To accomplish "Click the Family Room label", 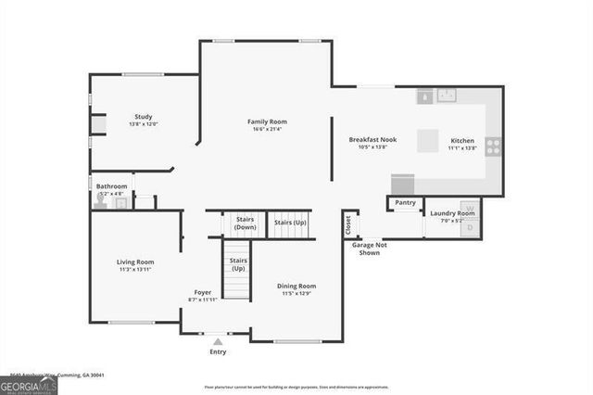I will point(266,121).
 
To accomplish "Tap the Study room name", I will point(144,116).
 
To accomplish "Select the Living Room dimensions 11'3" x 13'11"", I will point(134,269).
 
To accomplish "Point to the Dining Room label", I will point(296,286).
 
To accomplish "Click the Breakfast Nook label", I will point(372,139).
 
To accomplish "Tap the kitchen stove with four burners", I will point(494,146).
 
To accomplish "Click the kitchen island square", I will point(428,140).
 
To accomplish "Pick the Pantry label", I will point(405,202).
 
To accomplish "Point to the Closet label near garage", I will point(349,223).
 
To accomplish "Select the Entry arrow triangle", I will point(218,342).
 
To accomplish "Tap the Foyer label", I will point(203,292).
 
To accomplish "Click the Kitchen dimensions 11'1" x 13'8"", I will point(461,147).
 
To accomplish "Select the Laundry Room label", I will point(452,213).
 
